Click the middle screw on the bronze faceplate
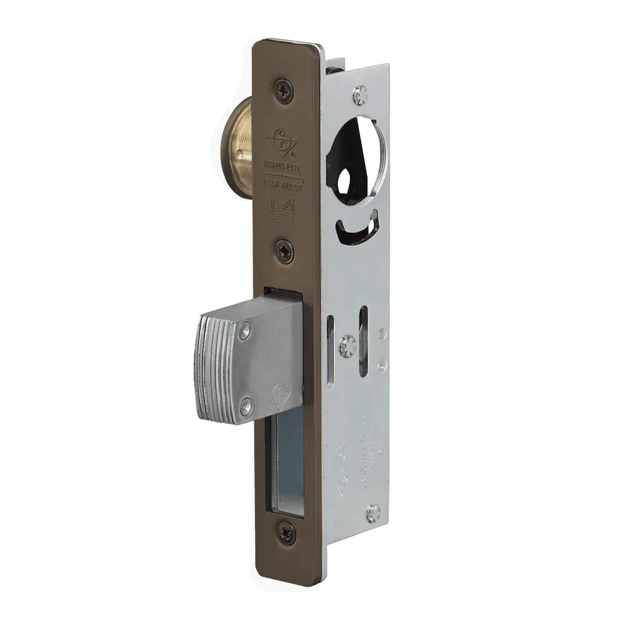point(286,250)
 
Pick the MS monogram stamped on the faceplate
point(285,212)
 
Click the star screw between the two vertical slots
point(347,343)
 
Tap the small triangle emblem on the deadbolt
point(276,395)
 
